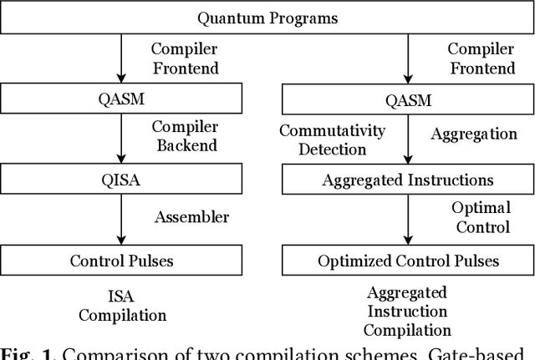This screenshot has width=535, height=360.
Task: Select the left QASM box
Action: click(121, 100)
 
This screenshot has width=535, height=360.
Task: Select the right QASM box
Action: click(408, 100)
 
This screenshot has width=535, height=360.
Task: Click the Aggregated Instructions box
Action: click(408, 180)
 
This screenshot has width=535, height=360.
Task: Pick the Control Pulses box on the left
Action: click(121, 261)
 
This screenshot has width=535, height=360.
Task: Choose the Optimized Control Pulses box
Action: click(408, 261)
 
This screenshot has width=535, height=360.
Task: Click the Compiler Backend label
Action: click(184, 136)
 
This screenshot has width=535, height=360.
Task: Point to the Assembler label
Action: click(191, 217)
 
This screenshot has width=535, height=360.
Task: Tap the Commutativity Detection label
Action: click(332, 139)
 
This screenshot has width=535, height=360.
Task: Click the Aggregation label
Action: click(473, 133)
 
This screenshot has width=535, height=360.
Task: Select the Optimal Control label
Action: click(481, 216)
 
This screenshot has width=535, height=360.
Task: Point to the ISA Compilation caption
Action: click(122, 305)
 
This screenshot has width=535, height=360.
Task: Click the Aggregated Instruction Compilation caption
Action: click(407, 311)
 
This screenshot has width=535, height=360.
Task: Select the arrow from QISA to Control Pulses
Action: click(121, 220)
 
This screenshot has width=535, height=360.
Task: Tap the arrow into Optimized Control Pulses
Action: click(408, 220)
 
